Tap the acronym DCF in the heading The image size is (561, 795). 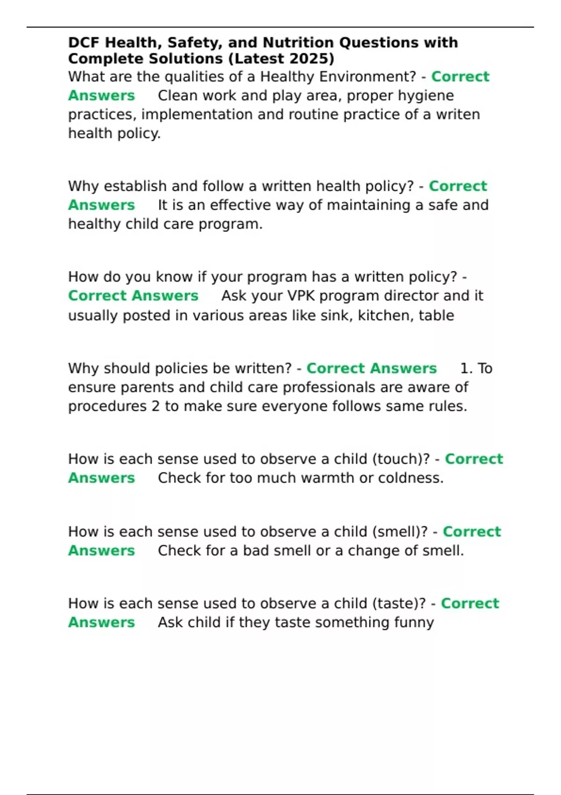[84, 43]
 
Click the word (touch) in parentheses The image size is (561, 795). [401, 459]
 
